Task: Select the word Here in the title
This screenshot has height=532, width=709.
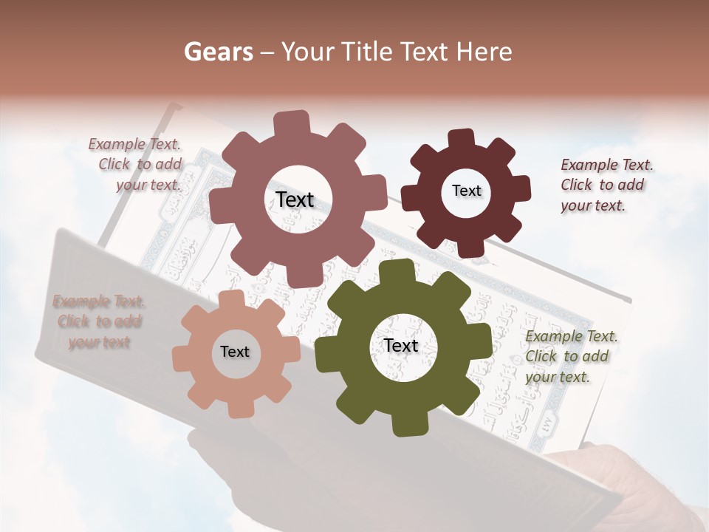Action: click(484, 52)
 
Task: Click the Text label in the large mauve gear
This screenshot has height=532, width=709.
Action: click(295, 199)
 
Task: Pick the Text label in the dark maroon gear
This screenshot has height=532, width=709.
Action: click(466, 191)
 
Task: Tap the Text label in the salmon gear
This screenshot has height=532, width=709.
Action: click(235, 352)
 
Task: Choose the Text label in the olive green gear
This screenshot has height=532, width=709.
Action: click(401, 345)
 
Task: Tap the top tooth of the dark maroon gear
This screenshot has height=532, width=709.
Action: click(462, 139)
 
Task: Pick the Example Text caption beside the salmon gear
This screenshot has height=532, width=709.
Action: click(99, 321)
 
